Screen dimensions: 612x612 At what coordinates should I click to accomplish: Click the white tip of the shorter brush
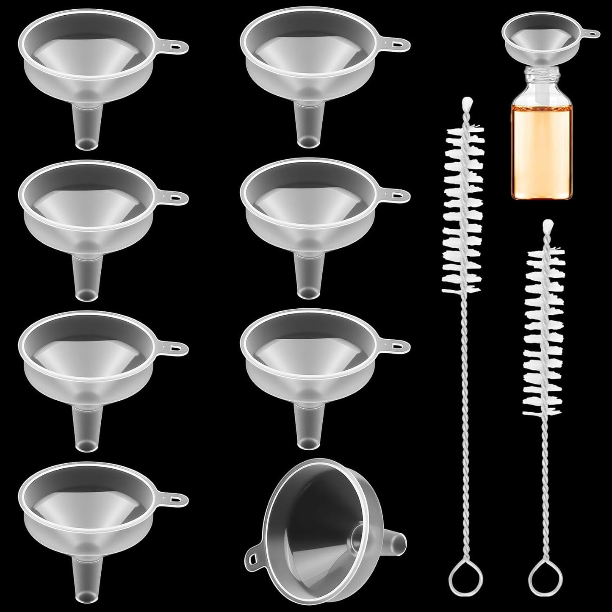pyautogui.click(x=546, y=224)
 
